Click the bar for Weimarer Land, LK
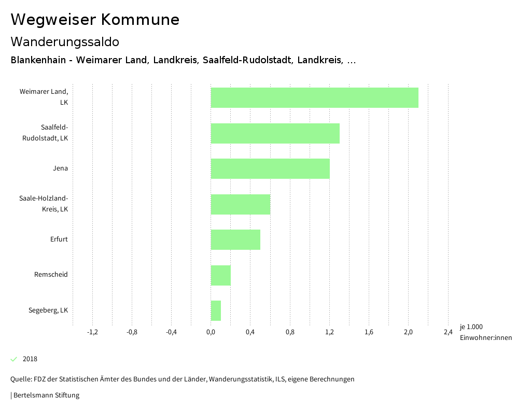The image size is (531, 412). (x=314, y=97)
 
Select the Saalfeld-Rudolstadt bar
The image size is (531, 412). (x=275, y=133)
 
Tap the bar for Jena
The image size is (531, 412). (x=270, y=168)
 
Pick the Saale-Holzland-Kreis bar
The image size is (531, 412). (x=240, y=204)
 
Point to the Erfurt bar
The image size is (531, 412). (x=235, y=239)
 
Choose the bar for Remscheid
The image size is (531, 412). (x=220, y=275)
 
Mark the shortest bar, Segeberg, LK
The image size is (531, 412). (x=216, y=310)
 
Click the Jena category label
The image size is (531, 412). (x=60, y=168)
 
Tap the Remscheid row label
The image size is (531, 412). (x=51, y=275)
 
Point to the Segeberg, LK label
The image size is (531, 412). (x=48, y=310)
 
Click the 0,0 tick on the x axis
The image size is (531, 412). (x=211, y=332)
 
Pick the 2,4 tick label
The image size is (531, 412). (x=448, y=332)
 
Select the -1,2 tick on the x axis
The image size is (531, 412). (x=92, y=332)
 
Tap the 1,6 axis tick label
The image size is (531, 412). (x=369, y=332)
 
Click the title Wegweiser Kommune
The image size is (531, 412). (x=95, y=20)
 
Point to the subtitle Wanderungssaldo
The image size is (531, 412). (x=65, y=41)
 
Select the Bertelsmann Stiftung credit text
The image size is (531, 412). (x=46, y=395)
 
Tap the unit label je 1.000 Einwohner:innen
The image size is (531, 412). (x=485, y=332)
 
